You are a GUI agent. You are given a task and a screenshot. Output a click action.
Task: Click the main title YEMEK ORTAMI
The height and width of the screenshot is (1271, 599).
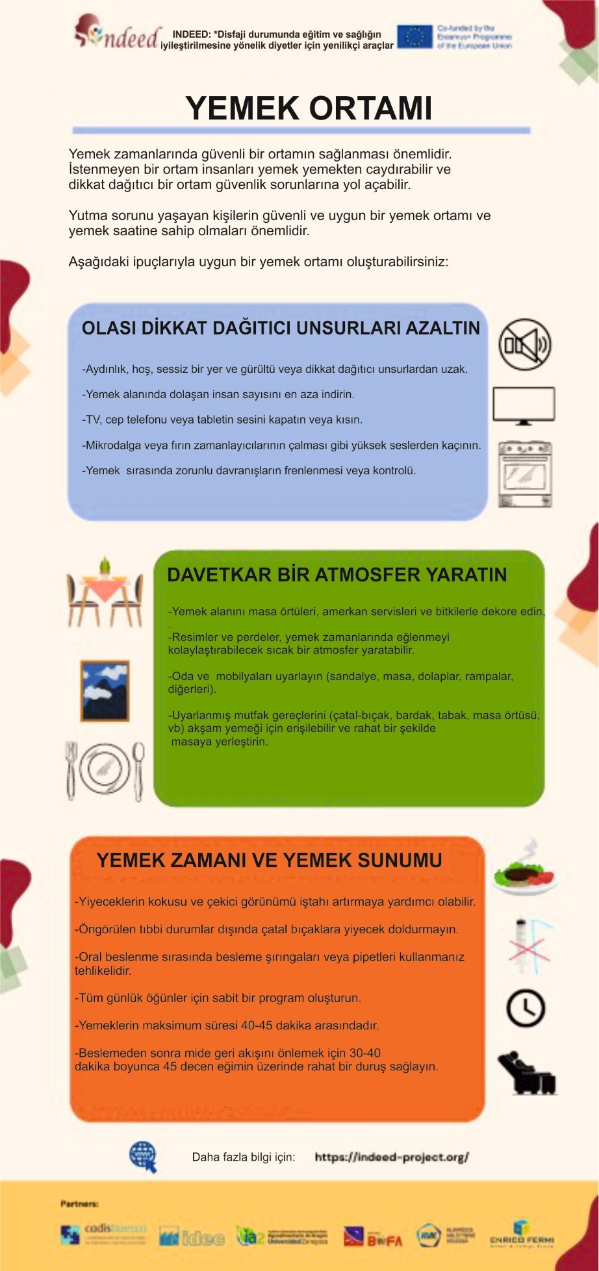309,108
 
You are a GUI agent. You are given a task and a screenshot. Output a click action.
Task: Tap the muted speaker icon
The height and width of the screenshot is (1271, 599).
524,344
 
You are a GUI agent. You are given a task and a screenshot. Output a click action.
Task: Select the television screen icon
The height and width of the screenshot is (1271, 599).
524,405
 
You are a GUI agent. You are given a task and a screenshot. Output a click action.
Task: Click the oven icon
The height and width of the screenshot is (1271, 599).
525,474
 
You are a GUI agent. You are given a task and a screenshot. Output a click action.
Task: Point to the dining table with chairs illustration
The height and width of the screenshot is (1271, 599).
105,592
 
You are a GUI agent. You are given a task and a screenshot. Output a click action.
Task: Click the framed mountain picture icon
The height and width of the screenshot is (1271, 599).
105,691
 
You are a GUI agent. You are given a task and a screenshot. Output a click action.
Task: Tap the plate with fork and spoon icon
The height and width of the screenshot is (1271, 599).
105,770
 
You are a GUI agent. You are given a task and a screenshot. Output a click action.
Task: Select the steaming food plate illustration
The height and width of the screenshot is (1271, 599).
524,869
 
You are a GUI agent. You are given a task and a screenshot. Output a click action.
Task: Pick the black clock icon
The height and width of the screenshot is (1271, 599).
526,1008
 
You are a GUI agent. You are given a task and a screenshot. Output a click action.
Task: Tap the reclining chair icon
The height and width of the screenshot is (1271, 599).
526,1073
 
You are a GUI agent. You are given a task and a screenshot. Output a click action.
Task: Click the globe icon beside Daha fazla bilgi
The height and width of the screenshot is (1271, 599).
143,1157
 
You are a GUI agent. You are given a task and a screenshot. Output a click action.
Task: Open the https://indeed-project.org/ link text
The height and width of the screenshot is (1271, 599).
391,1157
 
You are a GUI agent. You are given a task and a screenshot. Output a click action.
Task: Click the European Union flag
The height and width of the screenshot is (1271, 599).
414,37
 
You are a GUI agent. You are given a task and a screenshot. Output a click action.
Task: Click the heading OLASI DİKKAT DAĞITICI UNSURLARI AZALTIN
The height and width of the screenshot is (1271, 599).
281,328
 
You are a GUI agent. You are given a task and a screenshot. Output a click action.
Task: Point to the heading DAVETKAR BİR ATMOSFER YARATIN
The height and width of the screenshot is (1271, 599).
337,575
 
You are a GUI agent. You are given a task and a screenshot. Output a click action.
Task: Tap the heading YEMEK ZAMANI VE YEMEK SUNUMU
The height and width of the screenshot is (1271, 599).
269,861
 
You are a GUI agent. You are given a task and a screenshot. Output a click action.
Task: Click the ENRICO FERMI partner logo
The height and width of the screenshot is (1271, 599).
522,1235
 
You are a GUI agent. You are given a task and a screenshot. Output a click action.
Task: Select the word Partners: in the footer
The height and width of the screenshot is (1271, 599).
79,1203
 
